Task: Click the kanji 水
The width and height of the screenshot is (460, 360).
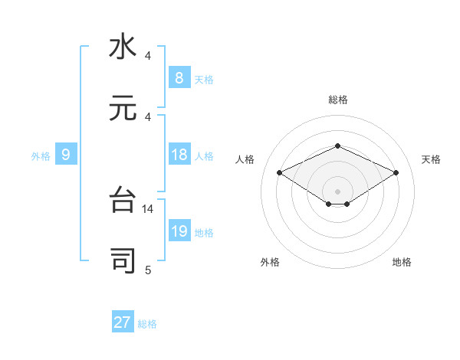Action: [123, 47]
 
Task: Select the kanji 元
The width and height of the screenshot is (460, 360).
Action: [123, 108]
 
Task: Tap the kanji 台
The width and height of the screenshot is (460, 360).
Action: [123, 200]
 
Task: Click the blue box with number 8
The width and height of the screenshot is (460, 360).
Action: [179, 77]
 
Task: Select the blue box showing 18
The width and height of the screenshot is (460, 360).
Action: [179, 155]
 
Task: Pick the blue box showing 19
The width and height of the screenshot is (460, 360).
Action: [179, 231]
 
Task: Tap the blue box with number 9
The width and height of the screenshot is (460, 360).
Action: [66, 155]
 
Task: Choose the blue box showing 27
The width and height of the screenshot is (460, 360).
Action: [123, 322]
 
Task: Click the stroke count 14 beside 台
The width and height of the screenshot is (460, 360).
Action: [148, 208]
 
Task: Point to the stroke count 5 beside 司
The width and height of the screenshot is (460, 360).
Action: [148, 270]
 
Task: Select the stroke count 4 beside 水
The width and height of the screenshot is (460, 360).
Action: [148, 56]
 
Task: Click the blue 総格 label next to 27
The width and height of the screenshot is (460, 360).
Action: [147, 324]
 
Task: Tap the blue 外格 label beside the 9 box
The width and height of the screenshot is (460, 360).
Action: [41, 155]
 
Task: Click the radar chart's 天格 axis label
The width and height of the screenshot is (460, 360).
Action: [432, 159]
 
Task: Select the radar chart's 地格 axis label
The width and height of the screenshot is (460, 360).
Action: [402, 262]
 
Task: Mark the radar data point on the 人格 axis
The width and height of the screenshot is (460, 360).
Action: [279, 173]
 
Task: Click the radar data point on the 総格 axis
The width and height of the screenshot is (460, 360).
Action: [337, 146]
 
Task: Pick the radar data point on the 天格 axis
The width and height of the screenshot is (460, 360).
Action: [396, 173]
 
